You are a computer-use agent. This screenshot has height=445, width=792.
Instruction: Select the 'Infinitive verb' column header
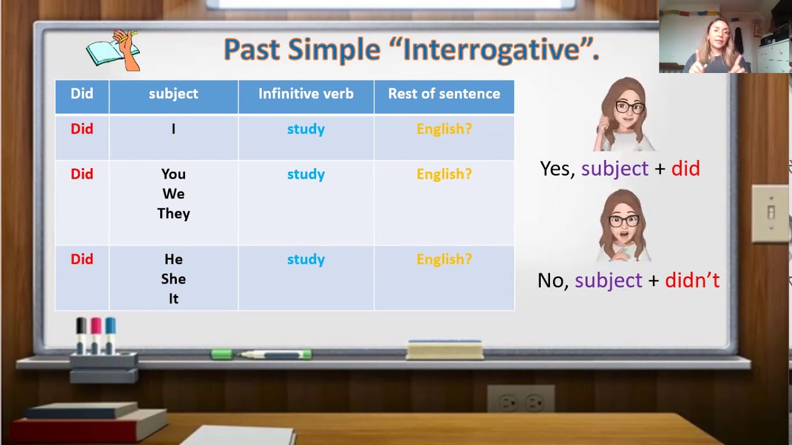[x=306, y=94]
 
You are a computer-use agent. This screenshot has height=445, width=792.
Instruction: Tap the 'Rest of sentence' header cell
[x=444, y=94]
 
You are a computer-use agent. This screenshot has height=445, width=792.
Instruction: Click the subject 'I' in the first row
[x=173, y=129]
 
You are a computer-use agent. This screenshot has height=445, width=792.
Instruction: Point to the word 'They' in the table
[x=173, y=214]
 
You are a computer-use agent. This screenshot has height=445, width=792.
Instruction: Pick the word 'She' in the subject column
[x=173, y=279]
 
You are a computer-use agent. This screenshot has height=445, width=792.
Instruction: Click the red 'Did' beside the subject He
[x=82, y=259]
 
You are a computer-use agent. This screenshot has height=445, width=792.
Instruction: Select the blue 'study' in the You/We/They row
[x=306, y=174]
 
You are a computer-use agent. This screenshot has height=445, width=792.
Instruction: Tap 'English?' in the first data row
[x=444, y=129]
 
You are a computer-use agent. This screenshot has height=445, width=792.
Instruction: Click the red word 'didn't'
[x=692, y=281]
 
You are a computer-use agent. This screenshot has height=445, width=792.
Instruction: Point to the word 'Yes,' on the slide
[x=557, y=169]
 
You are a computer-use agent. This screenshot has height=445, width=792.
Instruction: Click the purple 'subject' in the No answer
[x=608, y=281]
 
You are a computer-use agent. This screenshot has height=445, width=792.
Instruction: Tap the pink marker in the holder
[x=95, y=335]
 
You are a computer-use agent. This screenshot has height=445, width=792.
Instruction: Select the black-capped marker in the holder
[x=81, y=335]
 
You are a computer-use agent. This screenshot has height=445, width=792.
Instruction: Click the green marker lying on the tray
[x=261, y=354]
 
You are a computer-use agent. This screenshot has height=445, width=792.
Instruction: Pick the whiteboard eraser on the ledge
[x=444, y=350]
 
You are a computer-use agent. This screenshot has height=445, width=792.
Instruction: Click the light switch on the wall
[x=771, y=213]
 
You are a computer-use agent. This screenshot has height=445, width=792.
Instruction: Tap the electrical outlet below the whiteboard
[x=521, y=399]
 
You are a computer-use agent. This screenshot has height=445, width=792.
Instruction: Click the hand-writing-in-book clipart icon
[x=113, y=51]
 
